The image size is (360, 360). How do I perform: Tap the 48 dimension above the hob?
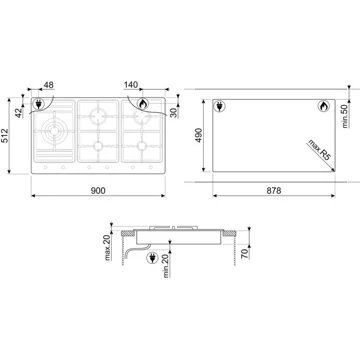(47, 88)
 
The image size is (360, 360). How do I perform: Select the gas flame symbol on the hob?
(141, 103)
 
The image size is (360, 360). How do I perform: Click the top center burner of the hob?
(100, 113)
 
